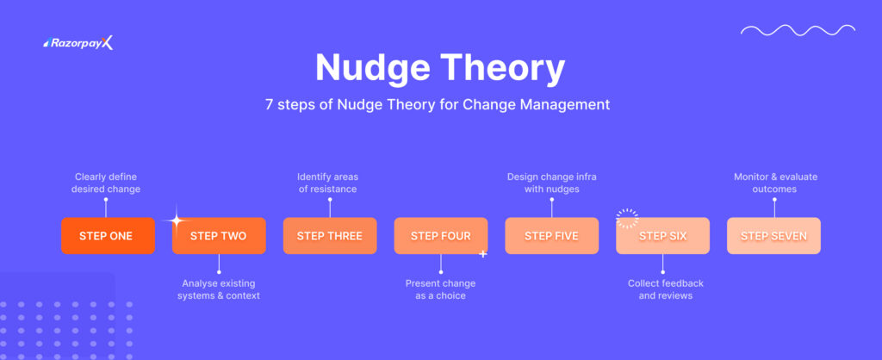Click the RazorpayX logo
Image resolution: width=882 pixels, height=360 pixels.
click(78, 43)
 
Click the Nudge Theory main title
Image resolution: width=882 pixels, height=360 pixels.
click(440, 67)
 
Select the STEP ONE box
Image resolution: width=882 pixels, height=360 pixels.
click(108, 236)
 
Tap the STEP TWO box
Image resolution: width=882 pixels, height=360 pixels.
click(219, 236)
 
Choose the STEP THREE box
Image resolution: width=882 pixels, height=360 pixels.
click(330, 236)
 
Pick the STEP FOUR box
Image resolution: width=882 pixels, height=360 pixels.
click(441, 236)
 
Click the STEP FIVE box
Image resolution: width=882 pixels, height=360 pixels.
click(551, 236)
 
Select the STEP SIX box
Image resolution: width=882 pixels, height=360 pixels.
click(662, 236)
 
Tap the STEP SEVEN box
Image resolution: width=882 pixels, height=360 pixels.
click(773, 236)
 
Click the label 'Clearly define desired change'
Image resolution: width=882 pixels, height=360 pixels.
click(108, 183)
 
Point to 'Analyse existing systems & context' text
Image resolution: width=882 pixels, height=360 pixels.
click(219, 289)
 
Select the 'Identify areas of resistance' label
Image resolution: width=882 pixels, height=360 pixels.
click(330, 183)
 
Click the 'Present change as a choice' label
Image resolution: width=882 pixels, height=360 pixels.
click(440, 289)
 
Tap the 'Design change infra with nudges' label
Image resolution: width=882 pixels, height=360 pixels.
click(551, 183)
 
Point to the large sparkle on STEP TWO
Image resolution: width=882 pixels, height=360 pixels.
click(176, 221)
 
